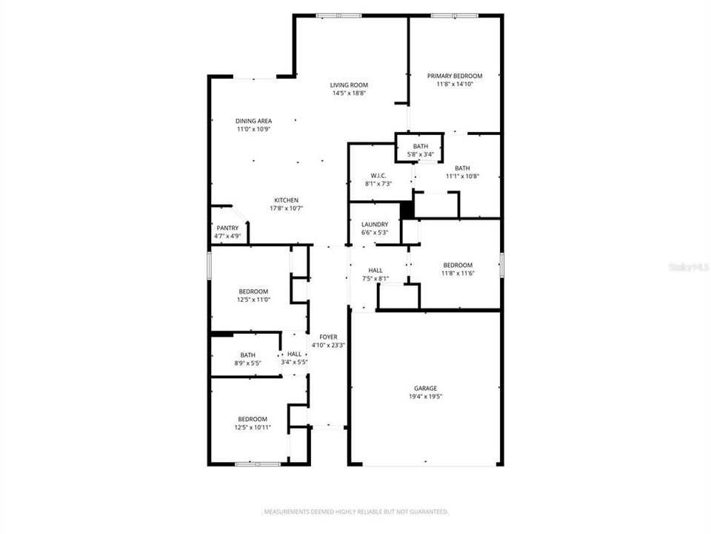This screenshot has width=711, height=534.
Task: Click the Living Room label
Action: [349, 85]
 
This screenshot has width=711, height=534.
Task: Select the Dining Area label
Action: [253, 121]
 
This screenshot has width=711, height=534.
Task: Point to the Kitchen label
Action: [287, 200]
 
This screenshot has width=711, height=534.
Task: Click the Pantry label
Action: [227, 228]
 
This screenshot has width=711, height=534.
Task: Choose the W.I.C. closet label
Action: [378, 175]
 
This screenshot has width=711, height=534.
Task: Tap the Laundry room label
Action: [375, 224]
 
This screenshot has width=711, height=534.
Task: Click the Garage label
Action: [425, 388]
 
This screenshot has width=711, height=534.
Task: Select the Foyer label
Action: [327, 337]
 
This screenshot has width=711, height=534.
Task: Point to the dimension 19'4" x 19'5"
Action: [425, 397]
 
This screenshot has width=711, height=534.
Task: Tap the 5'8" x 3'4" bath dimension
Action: [421, 154]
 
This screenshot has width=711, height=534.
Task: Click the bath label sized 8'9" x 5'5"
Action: [247, 355]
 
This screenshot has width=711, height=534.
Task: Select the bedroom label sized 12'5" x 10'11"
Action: [253, 419]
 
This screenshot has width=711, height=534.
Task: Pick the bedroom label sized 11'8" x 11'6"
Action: [458, 265]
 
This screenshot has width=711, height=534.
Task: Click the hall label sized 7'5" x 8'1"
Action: [375, 270]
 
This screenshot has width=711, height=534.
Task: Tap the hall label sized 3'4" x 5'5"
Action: [295, 354]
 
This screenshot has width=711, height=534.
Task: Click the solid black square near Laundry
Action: [407, 211]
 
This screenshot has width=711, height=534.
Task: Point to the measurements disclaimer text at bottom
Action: [355, 512]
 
